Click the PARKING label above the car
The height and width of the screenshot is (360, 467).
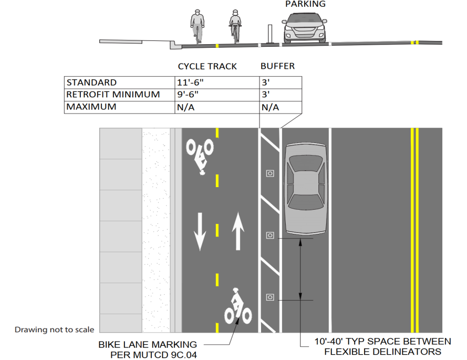[305, 4]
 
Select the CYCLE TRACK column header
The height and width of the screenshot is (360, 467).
[207, 66]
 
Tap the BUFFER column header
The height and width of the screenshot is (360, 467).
[277, 66]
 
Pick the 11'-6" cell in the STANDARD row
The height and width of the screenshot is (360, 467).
[190, 83]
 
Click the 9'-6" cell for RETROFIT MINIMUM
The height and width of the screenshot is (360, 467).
[188, 95]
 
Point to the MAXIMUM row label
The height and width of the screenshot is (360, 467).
[91, 107]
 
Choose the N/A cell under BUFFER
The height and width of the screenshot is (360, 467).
[270, 107]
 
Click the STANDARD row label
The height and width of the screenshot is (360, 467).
[91, 83]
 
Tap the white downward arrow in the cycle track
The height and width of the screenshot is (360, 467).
[200, 232]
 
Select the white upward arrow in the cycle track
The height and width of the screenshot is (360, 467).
[238, 231]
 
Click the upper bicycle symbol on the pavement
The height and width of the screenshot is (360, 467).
[200, 156]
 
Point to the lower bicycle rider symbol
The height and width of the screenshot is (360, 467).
[237, 307]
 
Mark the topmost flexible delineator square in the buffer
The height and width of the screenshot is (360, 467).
[270, 173]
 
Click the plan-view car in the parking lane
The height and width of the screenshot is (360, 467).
[306, 189]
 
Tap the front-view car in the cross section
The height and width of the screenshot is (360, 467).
[304, 28]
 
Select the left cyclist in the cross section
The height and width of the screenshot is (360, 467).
[197, 26]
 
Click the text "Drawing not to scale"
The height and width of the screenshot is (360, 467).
[54, 330]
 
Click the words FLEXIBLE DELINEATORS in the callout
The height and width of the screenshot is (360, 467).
[383, 352]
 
